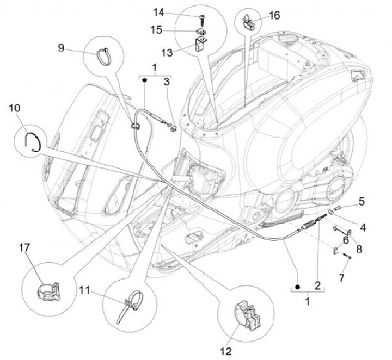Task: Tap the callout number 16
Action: pos(274,15)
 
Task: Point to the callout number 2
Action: pos(317,284)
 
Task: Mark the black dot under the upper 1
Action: pos(145,80)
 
